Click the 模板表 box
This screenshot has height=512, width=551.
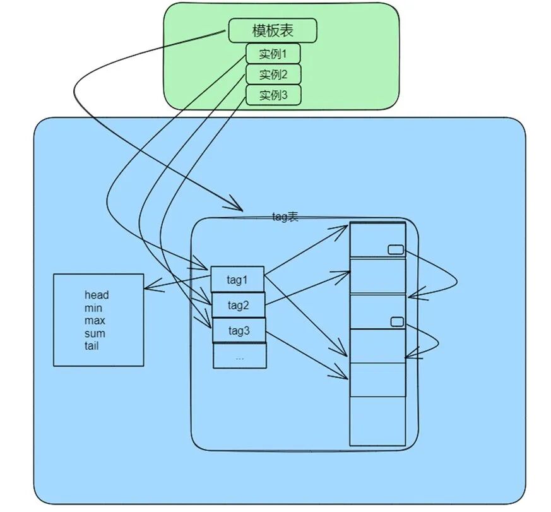272,30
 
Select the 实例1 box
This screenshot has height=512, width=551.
273,54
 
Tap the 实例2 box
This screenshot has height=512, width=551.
273,74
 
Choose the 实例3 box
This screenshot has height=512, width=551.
273,95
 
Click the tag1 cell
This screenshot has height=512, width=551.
237,279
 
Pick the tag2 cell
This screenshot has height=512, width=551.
238,306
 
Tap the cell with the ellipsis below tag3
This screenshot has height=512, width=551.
239,356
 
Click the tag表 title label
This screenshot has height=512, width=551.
285,217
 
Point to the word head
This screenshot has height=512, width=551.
97,295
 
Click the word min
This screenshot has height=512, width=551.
93,308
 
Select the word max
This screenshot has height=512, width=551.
95,321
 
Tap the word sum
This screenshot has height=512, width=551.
95,333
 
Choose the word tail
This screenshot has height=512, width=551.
92,346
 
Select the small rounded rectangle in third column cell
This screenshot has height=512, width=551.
397,322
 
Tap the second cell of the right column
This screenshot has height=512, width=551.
377,276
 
